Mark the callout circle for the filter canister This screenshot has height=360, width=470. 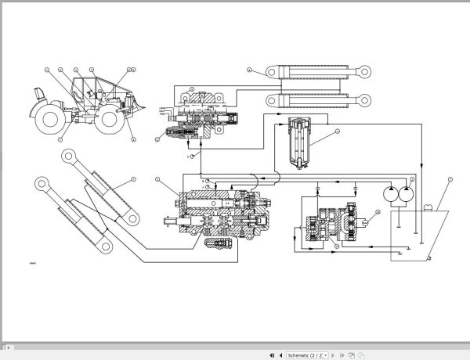(x=336, y=131)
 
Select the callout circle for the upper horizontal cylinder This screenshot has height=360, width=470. (x=249, y=70)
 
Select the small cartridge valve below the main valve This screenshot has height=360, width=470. (x=217, y=245)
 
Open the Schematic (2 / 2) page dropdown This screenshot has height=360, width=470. (x=306, y=355)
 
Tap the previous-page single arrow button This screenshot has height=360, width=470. (x=280, y=355)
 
